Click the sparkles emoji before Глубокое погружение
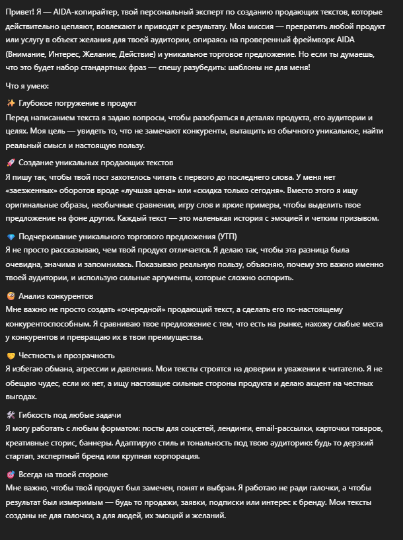[x=11, y=103]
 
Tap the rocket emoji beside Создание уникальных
[x=11, y=162]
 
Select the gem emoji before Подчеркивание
[x=11, y=237]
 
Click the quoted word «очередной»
[x=161, y=309]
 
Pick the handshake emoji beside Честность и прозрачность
[x=11, y=355]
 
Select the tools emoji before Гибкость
[x=11, y=414]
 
